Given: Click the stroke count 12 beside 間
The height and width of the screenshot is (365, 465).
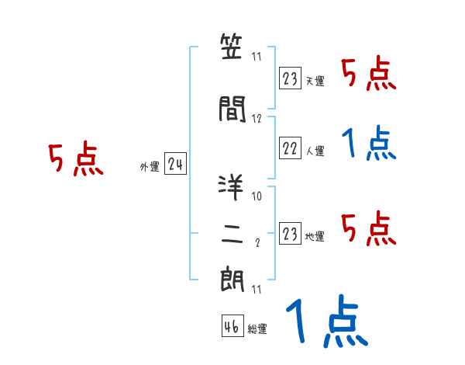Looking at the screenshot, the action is (x=257, y=118).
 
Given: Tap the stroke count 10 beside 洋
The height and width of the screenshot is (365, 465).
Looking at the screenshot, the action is (x=257, y=196).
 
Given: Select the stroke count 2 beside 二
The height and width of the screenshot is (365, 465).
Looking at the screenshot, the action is (x=257, y=243).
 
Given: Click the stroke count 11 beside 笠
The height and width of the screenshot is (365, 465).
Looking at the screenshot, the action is (x=257, y=57).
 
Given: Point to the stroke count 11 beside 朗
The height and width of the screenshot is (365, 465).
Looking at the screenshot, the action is (x=257, y=290).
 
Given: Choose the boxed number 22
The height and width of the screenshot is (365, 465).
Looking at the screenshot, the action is (x=290, y=148).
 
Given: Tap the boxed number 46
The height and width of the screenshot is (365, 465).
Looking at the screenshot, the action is (x=232, y=326).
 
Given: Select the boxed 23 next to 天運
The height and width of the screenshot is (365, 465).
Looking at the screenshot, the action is (x=290, y=78).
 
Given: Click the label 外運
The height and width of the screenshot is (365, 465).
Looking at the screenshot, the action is (x=149, y=166).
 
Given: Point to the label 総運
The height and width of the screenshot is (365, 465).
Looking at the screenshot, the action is (x=257, y=329).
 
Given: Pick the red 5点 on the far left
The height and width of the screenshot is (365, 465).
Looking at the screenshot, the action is (x=75, y=159).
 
